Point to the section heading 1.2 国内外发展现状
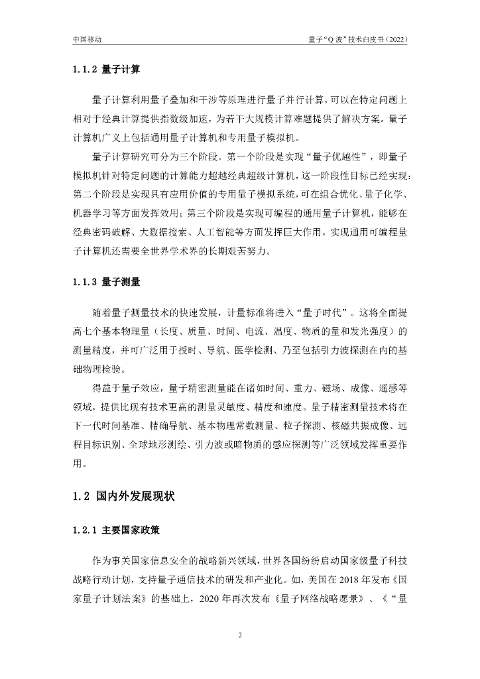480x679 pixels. pos(124,496)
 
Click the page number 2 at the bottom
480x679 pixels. pos(240,635)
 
